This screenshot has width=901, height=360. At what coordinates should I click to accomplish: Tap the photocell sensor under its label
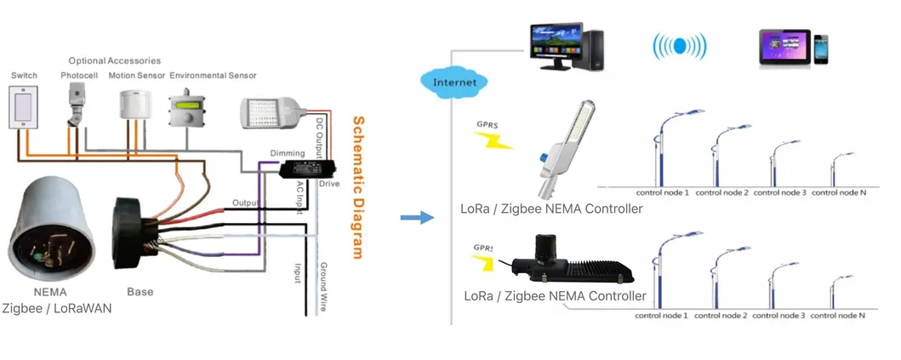[x=77, y=106]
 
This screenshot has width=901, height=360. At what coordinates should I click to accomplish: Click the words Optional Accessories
[x=115, y=61]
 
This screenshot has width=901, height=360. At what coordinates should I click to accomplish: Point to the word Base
[x=140, y=292]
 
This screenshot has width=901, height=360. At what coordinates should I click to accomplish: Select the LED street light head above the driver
[x=271, y=109]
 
